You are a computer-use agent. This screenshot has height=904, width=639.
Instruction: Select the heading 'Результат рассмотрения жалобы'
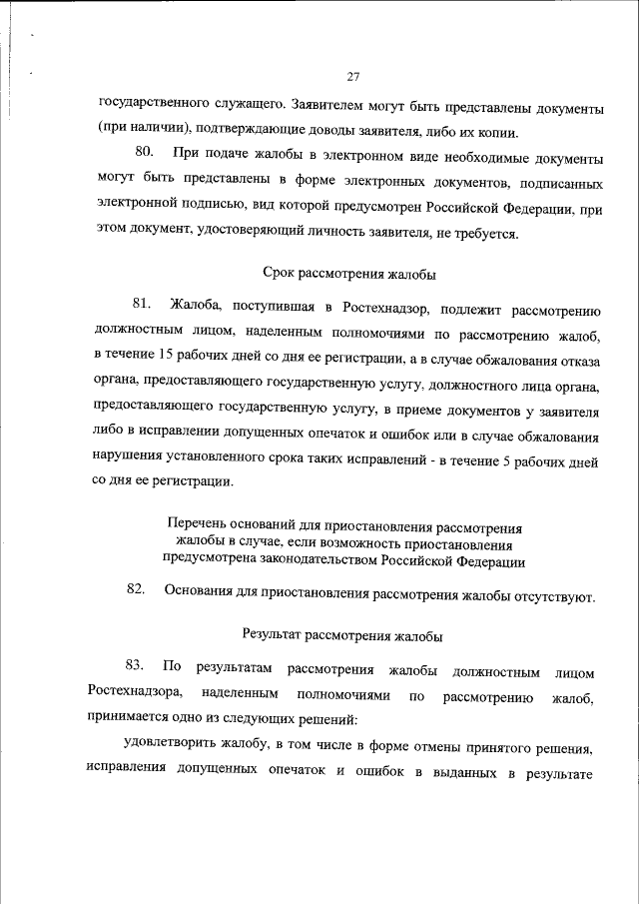pyautogui.click(x=342, y=633)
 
